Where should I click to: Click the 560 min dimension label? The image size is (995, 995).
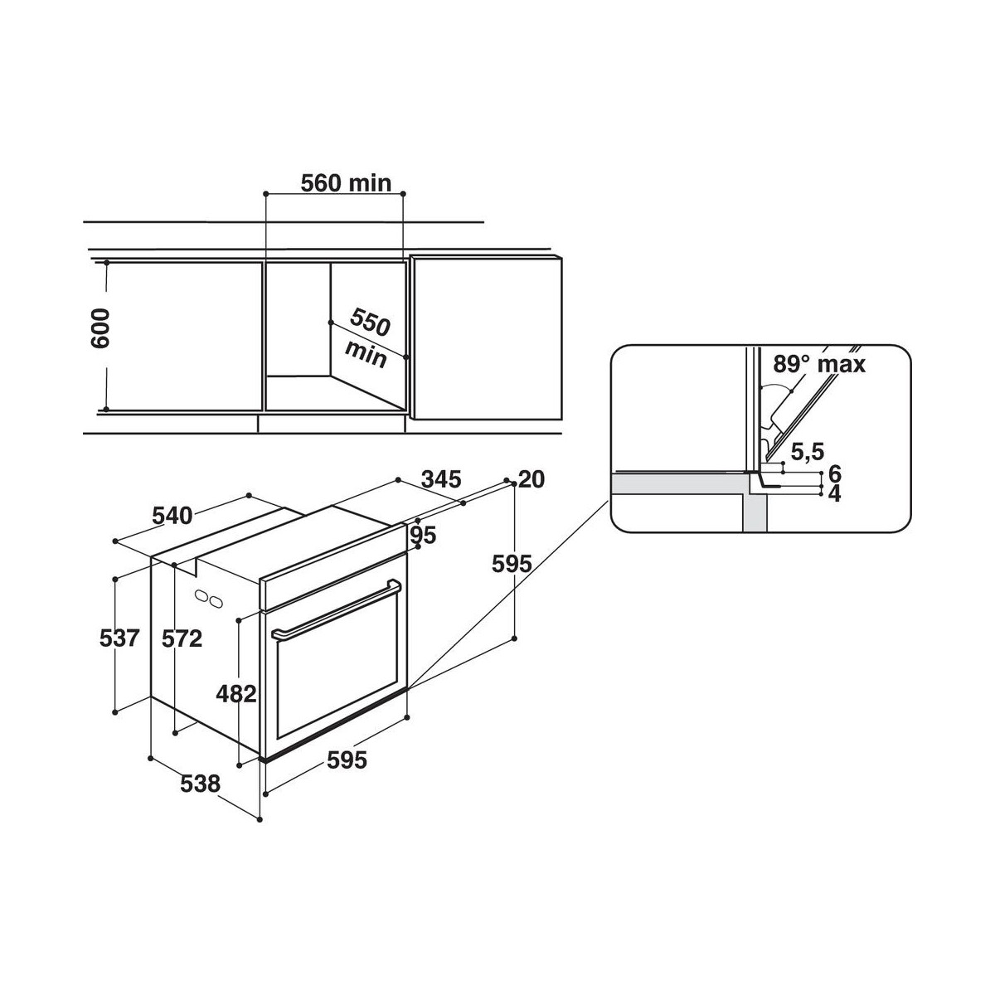346,183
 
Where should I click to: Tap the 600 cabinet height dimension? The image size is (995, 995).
100,328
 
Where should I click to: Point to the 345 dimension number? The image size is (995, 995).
441,480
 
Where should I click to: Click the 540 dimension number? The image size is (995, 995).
172,515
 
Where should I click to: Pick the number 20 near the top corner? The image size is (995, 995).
531,480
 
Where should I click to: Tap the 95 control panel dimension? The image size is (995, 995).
423,535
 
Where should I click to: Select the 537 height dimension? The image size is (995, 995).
119,638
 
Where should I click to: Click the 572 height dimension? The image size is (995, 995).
182,639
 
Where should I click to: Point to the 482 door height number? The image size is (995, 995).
236,694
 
